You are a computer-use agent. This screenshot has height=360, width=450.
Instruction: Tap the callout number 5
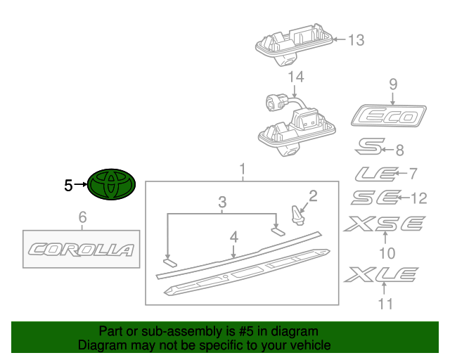pos(68,186)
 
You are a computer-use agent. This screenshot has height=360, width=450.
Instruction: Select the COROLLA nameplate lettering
pos(81,249)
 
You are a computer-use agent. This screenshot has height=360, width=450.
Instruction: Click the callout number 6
pos(82,217)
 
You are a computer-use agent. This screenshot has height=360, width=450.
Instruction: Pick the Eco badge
pos(390,115)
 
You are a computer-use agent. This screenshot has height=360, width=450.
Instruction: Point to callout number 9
pos(393,85)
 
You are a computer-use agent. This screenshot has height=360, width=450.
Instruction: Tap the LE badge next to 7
pos(373,174)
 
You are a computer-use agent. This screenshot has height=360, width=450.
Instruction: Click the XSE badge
pos(384,224)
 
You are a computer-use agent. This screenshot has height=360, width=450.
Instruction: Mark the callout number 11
pos(384,304)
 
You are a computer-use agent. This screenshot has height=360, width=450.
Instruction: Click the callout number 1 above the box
pos(242,169)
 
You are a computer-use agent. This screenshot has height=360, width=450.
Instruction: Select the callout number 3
pos(222,202)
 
